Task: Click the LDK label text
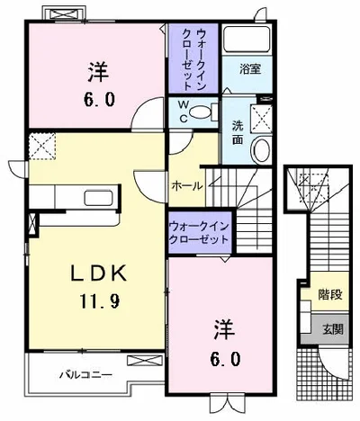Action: pyautogui.click(x=99, y=273)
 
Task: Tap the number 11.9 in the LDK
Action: pyautogui.click(x=100, y=300)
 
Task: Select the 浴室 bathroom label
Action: pyautogui.click(x=250, y=69)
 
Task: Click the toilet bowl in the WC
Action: pyautogui.click(x=201, y=112)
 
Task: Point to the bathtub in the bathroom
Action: pyautogui.click(x=247, y=40)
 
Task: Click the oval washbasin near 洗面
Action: pyautogui.click(x=261, y=149)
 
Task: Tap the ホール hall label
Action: pyautogui.click(x=187, y=186)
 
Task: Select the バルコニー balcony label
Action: pyautogui.click(x=85, y=375)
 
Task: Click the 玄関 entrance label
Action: pyautogui.click(x=333, y=329)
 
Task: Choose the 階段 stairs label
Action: pyautogui.click(x=330, y=294)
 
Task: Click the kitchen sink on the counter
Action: pyautogui.click(x=99, y=198)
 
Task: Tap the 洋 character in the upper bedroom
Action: pyautogui.click(x=98, y=72)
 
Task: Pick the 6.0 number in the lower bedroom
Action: pyautogui.click(x=225, y=359)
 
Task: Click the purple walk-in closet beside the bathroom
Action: pyautogui.click(x=193, y=58)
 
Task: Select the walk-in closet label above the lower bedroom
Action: pyautogui.click(x=199, y=233)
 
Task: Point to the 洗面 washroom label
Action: pyautogui.click(x=238, y=133)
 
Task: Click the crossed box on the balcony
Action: pyautogui.click(x=145, y=361)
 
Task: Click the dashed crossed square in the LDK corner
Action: pyautogui.click(x=42, y=146)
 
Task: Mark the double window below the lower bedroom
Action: pyautogui.click(x=221, y=404)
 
